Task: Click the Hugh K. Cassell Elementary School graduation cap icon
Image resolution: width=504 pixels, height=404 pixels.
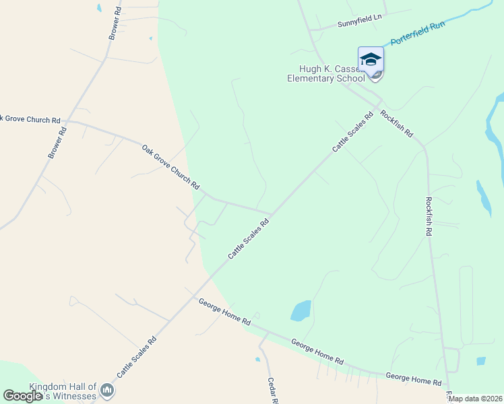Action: pos(370,59)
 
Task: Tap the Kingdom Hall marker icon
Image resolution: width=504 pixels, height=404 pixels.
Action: pos(107,389)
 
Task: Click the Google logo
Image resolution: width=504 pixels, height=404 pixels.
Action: pos(22,396)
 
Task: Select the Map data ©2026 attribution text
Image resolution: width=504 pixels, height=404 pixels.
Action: pos(476,399)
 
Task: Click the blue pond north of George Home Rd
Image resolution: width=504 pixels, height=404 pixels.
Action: pos(301,310)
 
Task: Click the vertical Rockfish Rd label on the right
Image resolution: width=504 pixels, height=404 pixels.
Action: pos(429,215)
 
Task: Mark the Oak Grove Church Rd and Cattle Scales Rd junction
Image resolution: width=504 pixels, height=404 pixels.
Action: pos(271,215)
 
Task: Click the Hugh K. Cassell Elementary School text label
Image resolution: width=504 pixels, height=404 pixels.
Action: pos(326,73)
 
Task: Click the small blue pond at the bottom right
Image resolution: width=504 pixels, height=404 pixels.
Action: pos(480,361)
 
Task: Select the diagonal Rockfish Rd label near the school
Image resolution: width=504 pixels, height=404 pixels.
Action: pos(396,124)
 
